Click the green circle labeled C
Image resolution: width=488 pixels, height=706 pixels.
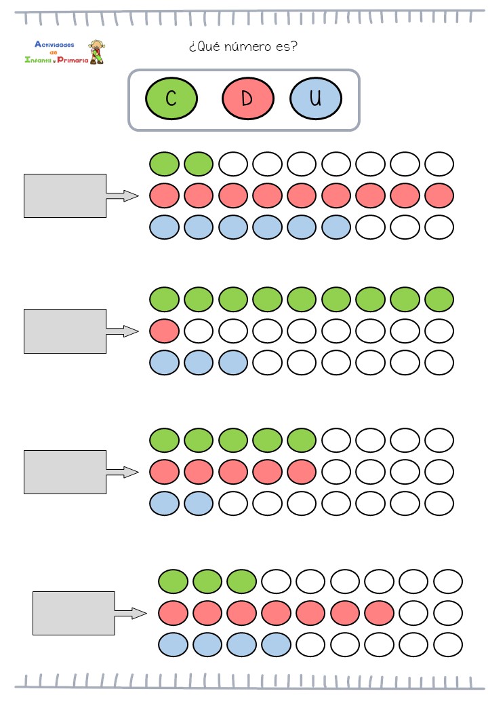pyautogui.click(x=171, y=98)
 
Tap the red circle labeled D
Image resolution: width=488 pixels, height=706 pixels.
pyautogui.click(x=247, y=98)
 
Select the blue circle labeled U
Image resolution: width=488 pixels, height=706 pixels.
pyautogui.click(x=315, y=98)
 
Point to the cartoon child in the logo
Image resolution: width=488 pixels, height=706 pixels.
pyautogui.click(x=97, y=52)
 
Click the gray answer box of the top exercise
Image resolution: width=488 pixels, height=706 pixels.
pyautogui.click(x=65, y=196)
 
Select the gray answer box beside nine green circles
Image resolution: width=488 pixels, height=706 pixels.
pyautogui.click(x=65, y=331)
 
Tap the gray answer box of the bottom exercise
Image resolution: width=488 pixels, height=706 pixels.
pyautogui.click(x=74, y=613)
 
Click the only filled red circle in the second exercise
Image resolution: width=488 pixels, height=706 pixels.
pyautogui.click(x=164, y=331)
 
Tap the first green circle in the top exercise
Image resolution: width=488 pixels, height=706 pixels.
pyautogui.click(x=164, y=164)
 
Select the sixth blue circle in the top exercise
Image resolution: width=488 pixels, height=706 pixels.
pyautogui.click(x=336, y=227)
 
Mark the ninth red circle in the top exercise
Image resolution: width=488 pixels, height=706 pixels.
pyautogui.click(x=439, y=196)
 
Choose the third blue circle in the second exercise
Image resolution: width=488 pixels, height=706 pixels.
pyautogui.click(x=233, y=363)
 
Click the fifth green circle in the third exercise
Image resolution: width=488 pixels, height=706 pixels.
pyautogui.click(x=302, y=439)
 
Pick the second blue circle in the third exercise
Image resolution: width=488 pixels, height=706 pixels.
pyautogui.click(x=199, y=503)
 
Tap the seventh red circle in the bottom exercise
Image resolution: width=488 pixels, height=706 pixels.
pyautogui.click(x=379, y=613)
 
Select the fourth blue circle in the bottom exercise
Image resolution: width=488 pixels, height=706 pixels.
pyautogui.click(x=276, y=644)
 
